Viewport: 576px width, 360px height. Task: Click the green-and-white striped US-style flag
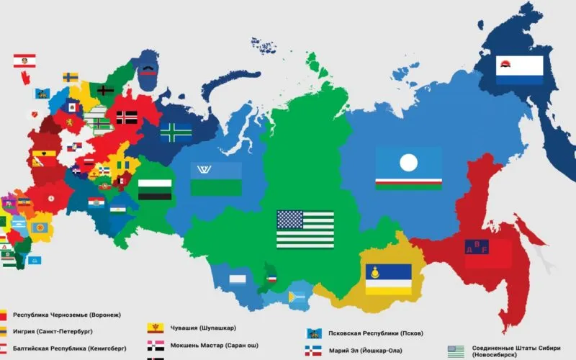pos(305,228)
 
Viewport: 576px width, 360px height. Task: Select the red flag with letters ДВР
pos(487,252)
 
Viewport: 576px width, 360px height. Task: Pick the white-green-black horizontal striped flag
pos(155,189)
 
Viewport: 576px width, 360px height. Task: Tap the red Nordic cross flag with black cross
pos(127,117)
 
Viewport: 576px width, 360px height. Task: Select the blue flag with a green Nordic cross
pos(175,132)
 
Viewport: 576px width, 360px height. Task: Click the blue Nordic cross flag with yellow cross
pos(71,77)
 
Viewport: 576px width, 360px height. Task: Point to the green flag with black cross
pos(106,90)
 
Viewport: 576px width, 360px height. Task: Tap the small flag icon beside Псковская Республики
pos(314,333)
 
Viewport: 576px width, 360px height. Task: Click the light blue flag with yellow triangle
pos(297,294)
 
